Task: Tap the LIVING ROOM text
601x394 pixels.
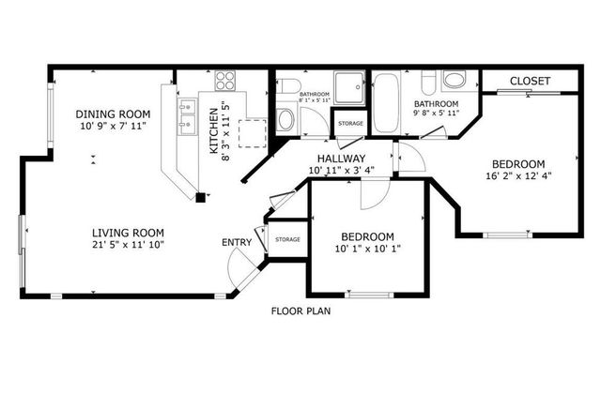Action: coord(128,233)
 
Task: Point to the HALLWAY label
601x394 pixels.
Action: coord(341,159)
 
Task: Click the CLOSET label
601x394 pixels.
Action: coord(530,82)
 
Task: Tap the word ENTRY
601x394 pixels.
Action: coord(236,243)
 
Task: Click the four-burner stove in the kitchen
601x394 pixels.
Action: coord(226,81)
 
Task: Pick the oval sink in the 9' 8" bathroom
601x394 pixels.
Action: coord(454,79)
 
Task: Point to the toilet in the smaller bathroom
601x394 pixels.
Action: coord(285,119)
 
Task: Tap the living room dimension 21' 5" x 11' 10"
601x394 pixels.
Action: coord(128,246)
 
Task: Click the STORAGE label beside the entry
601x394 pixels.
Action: coord(287,240)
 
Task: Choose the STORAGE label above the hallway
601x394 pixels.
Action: coord(350,123)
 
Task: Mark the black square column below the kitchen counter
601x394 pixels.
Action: coord(200,196)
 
